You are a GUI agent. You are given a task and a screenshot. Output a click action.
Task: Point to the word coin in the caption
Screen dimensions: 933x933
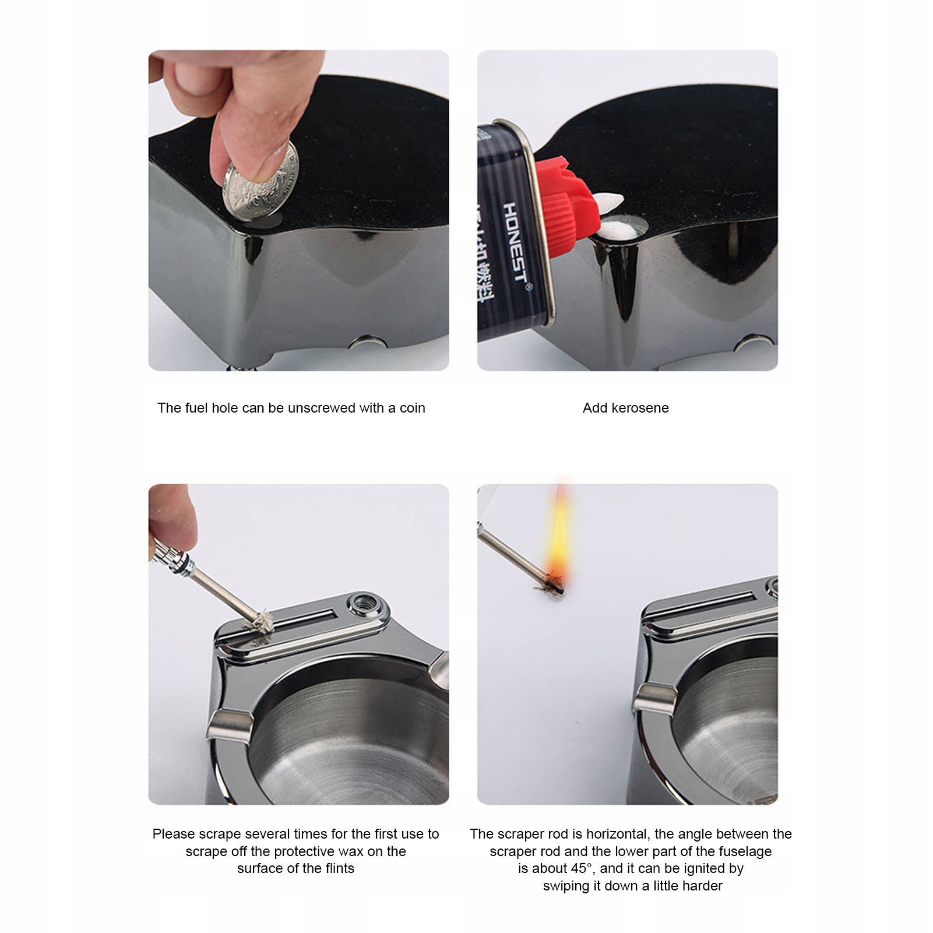(412, 408)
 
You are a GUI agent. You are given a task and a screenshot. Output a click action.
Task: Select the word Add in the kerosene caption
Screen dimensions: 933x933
(594, 408)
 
